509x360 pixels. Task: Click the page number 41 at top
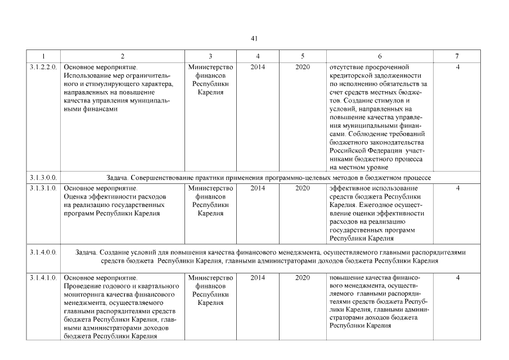[x=254, y=38]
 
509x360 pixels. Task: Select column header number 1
[x=44, y=56]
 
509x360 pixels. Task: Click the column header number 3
[x=210, y=56]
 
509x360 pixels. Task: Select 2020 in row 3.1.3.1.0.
[x=303, y=188]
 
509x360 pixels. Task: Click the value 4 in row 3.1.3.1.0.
[x=458, y=188]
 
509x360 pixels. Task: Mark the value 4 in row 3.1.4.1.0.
[x=458, y=278]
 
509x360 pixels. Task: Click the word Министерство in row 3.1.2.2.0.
[x=210, y=67]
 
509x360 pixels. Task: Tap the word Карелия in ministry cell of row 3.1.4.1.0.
[x=210, y=303]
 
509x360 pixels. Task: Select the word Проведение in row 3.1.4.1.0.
[x=82, y=286]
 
